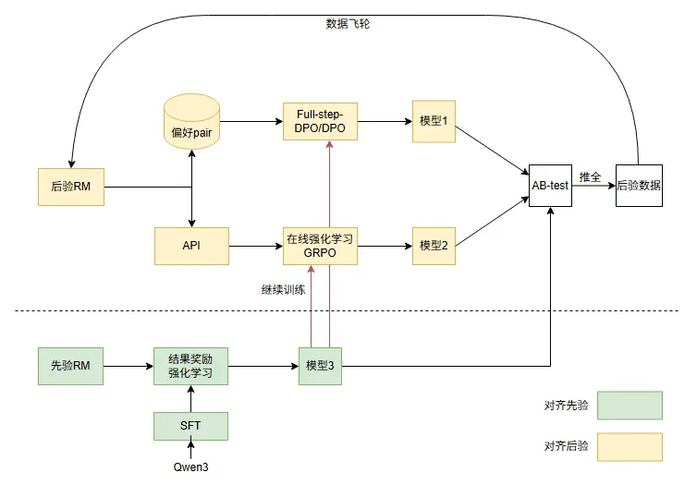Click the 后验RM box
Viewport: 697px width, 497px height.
(x=69, y=187)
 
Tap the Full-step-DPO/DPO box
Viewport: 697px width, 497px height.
(x=321, y=121)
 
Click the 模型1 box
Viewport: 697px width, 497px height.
(x=434, y=121)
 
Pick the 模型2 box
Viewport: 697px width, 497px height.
(x=434, y=246)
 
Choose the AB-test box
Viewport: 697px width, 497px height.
(x=550, y=185)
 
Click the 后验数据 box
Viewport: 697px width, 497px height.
(x=638, y=185)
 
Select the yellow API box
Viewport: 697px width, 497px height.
(x=191, y=246)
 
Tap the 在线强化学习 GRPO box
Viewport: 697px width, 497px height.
(x=321, y=246)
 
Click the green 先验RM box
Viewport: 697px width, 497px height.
(x=70, y=366)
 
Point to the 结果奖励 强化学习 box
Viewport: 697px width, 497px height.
(x=190, y=366)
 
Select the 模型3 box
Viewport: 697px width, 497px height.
(x=320, y=366)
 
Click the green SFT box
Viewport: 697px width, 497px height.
(x=190, y=426)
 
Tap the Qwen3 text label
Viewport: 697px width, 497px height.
(x=190, y=467)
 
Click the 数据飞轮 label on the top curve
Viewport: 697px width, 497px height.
(x=348, y=23)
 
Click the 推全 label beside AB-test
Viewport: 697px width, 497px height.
(x=591, y=176)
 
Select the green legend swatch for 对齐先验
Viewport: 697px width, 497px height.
(x=629, y=406)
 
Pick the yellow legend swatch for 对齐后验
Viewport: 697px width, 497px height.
(x=629, y=447)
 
